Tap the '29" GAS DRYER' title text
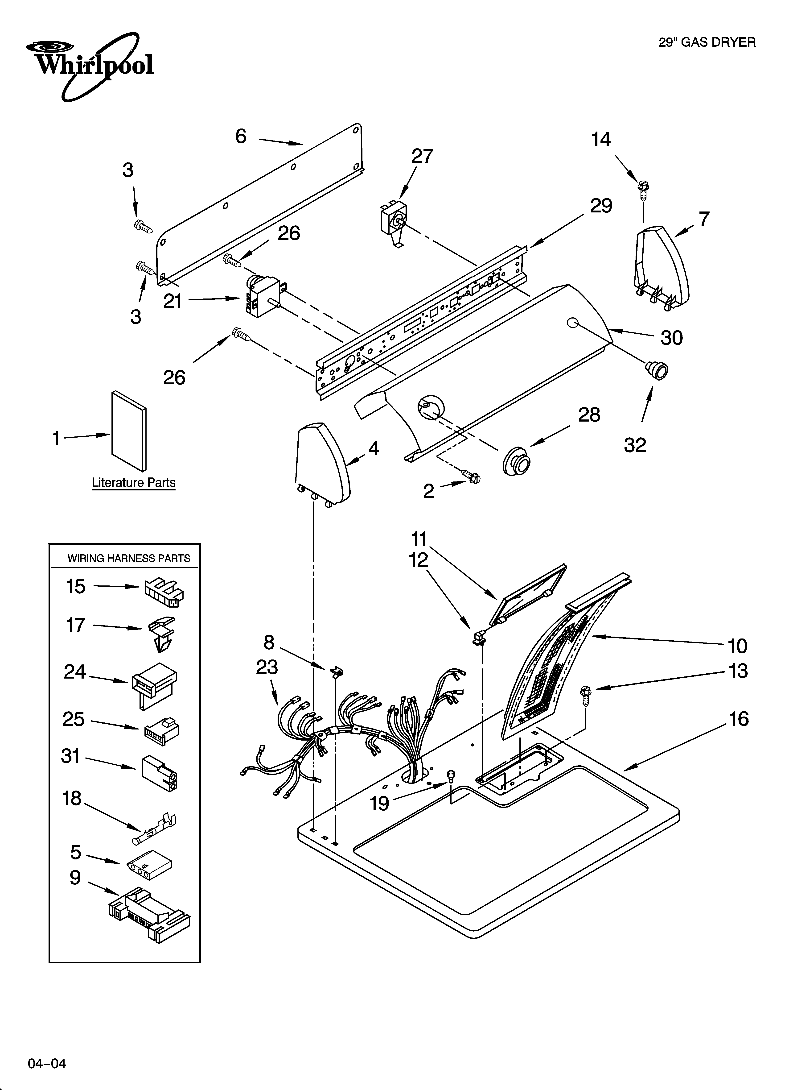[x=707, y=43]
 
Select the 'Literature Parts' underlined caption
[x=134, y=483]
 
